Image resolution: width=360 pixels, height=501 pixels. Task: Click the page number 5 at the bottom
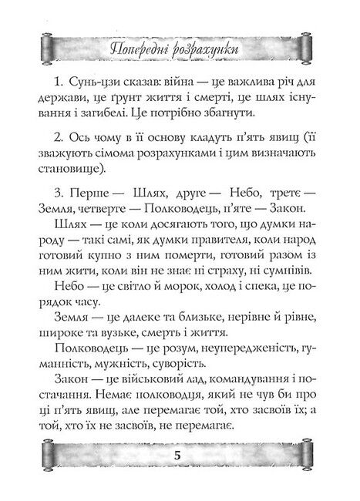pyautogui.click(x=178, y=476)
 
